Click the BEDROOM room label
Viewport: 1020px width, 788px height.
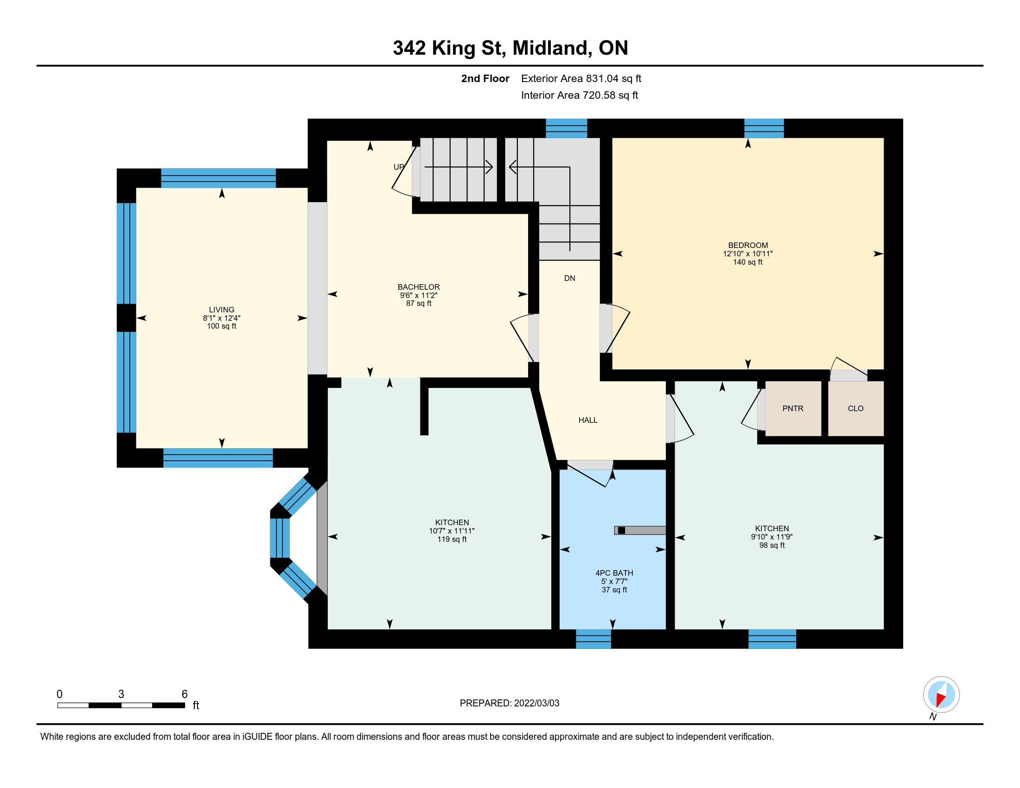pyautogui.click(x=748, y=245)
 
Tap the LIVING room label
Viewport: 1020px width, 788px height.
pyautogui.click(x=221, y=310)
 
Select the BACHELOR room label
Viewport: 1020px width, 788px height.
pyautogui.click(x=419, y=287)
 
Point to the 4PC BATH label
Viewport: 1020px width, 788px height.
pyautogui.click(x=614, y=573)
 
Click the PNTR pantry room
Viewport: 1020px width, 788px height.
pyautogui.click(x=793, y=408)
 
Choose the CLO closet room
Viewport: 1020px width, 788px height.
pyautogui.click(x=855, y=408)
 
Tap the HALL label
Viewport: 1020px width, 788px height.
pyautogui.click(x=588, y=420)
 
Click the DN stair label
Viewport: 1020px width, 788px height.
pyautogui.click(x=569, y=278)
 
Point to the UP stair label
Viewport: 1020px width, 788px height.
pyautogui.click(x=399, y=167)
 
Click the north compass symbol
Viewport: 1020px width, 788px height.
pyautogui.click(x=941, y=694)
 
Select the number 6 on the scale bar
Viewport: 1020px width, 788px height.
pyautogui.click(x=185, y=694)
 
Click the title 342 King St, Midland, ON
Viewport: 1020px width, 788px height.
pyautogui.click(x=510, y=48)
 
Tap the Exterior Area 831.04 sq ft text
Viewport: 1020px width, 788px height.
pyautogui.click(x=581, y=78)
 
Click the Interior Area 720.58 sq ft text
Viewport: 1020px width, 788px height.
pyautogui.click(x=579, y=95)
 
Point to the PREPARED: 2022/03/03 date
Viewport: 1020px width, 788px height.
pyautogui.click(x=509, y=703)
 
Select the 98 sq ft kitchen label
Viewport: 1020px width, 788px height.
pyautogui.click(x=771, y=545)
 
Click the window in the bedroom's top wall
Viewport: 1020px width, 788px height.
pyautogui.click(x=764, y=128)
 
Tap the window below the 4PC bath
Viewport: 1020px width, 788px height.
pyautogui.click(x=593, y=639)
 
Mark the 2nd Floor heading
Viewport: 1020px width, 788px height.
pyautogui.click(x=485, y=78)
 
